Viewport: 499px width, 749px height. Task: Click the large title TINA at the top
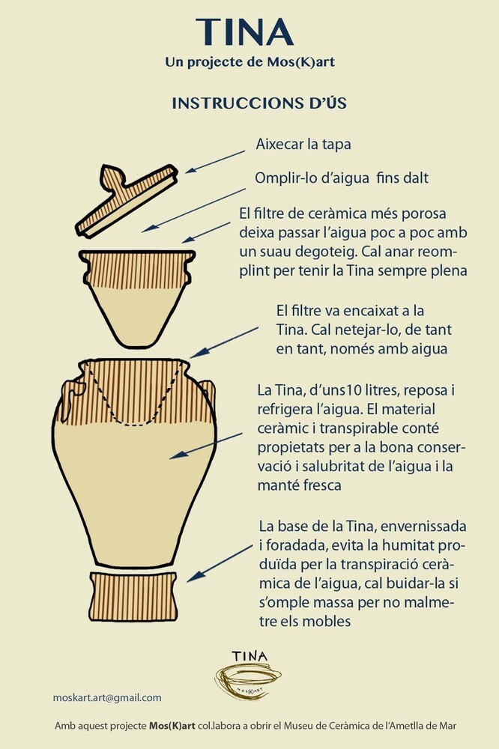[x=244, y=32]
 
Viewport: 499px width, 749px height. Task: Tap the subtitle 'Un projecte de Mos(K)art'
[x=250, y=62]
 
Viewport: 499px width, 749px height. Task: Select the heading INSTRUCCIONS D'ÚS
[x=259, y=103]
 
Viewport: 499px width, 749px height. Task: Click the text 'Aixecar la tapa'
[x=303, y=145]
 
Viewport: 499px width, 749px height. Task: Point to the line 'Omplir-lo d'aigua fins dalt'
[x=341, y=178]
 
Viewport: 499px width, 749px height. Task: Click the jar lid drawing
[x=126, y=200]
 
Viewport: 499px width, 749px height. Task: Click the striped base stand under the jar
[x=133, y=596]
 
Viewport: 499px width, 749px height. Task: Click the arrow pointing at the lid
[x=215, y=162]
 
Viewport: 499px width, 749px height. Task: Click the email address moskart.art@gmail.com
[x=107, y=698]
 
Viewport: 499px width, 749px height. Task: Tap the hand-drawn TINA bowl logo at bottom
[x=247, y=676]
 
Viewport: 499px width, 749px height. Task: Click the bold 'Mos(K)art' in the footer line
[x=172, y=726]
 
